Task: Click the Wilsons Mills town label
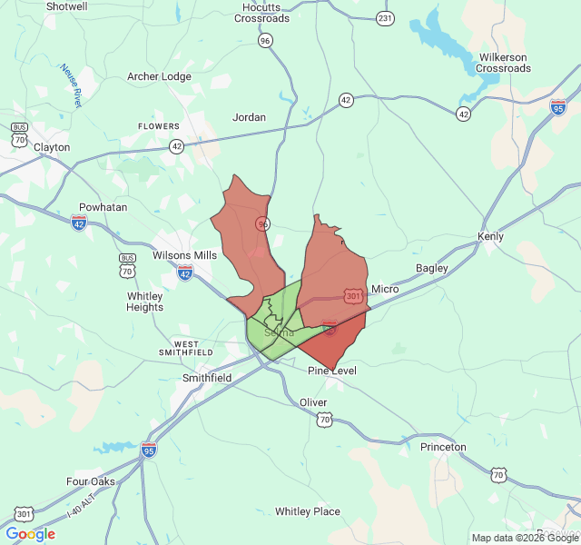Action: pos(184,255)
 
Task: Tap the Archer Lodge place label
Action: pos(159,76)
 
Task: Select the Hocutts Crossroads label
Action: pos(261,13)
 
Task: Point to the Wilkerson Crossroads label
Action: pos(504,63)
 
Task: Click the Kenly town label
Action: pos(490,237)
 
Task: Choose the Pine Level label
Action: pos(332,371)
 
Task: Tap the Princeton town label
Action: pos(443,447)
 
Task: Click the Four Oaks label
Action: pos(91,481)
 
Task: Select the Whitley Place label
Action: pos(308,511)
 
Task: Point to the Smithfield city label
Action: pos(207,377)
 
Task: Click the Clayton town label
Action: pos(52,146)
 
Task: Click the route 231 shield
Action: pos(386,18)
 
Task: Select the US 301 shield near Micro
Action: pos(354,295)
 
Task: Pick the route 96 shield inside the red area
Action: pos(262,223)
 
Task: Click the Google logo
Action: pos(31,534)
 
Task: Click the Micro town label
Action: pos(385,289)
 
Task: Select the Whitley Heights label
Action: pos(145,302)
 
